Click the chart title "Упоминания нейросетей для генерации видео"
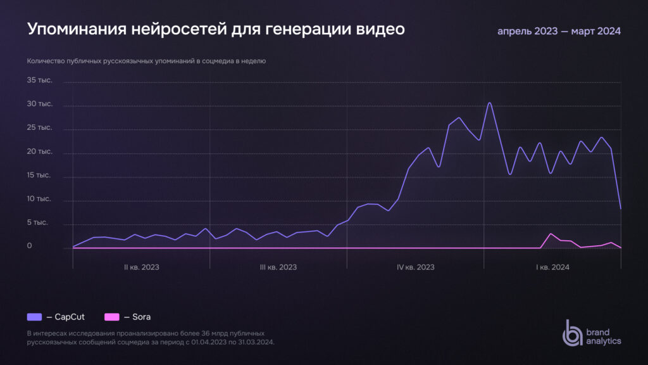click(x=216, y=30)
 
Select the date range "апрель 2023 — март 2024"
click(x=559, y=31)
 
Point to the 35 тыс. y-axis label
click(x=39, y=80)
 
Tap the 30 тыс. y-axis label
click(x=39, y=104)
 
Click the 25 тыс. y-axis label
click(x=39, y=128)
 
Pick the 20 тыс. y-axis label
click(x=39, y=152)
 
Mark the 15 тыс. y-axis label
click(x=39, y=176)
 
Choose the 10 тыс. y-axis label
click(x=39, y=199)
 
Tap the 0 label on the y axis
click(x=29, y=247)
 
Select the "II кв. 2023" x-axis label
click(x=141, y=267)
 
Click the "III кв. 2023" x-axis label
click(x=278, y=267)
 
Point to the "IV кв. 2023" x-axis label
click(x=415, y=267)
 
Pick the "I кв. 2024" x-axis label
click(x=552, y=267)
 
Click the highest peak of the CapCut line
click(x=489, y=103)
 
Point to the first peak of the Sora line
click(x=551, y=234)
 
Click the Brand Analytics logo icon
click(x=573, y=333)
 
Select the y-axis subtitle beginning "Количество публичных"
click(x=146, y=61)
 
